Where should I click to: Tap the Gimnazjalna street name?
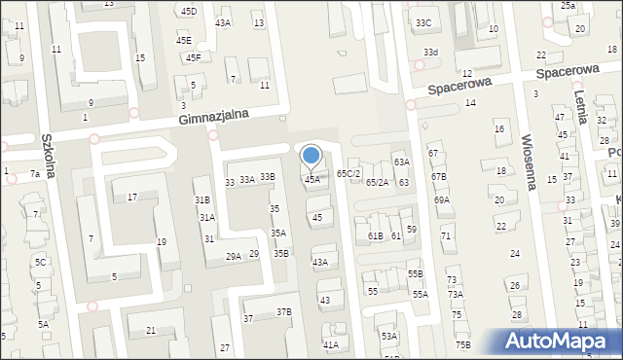213,115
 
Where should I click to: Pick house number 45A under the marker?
311,180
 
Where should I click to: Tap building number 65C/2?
348,173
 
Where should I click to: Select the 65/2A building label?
377,182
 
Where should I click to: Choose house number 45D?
188,12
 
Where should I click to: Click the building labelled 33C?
422,22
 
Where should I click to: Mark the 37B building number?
283,312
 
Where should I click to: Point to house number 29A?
234,257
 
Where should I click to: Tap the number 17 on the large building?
132,198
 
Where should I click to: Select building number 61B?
375,236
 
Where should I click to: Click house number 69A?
442,200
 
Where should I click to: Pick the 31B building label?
202,200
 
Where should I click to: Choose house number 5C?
41,263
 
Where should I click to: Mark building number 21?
151,331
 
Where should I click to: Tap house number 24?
512,253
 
